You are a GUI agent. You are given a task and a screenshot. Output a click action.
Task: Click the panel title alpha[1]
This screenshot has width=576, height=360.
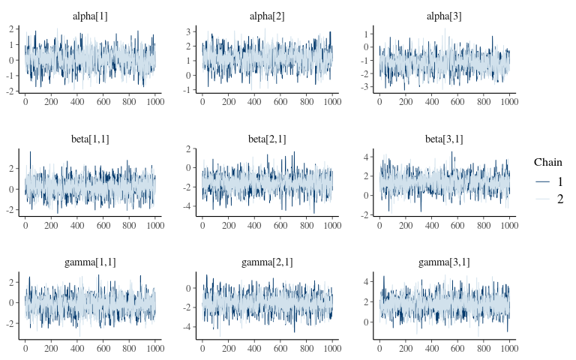click(90, 16)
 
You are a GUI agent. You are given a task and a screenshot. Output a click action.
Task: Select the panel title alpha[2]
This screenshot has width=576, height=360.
click(267, 16)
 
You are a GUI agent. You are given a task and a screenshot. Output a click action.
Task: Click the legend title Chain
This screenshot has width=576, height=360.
click(548, 162)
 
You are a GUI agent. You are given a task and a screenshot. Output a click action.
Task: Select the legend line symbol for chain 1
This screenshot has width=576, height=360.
click(543, 181)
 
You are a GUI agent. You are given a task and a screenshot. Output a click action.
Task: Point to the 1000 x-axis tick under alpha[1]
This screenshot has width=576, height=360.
click(154, 101)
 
